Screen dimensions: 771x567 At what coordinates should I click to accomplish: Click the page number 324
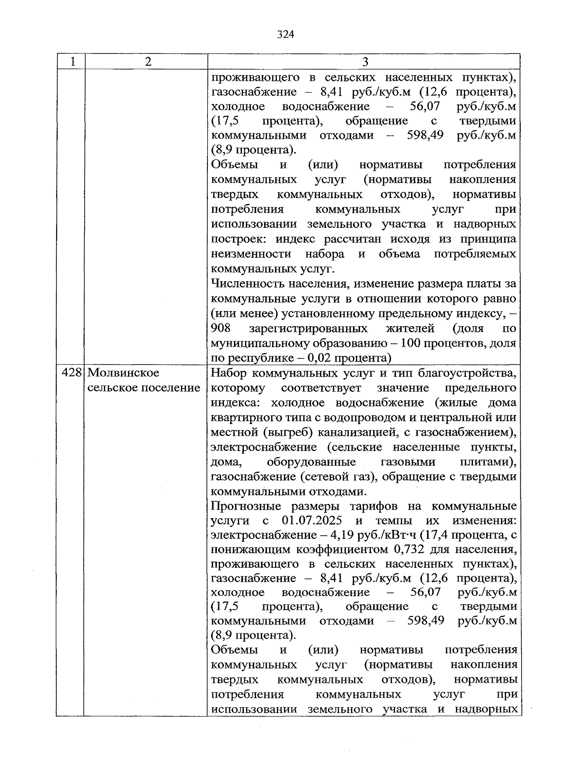[x=285, y=35]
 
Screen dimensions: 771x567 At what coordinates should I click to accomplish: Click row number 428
[x=71, y=373]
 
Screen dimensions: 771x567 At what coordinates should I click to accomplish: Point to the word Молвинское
[x=124, y=373]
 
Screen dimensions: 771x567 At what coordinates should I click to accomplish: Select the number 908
[x=221, y=328]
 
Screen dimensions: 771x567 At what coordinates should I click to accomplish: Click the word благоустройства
[x=467, y=373]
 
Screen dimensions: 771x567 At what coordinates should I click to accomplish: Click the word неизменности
[x=251, y=254]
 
